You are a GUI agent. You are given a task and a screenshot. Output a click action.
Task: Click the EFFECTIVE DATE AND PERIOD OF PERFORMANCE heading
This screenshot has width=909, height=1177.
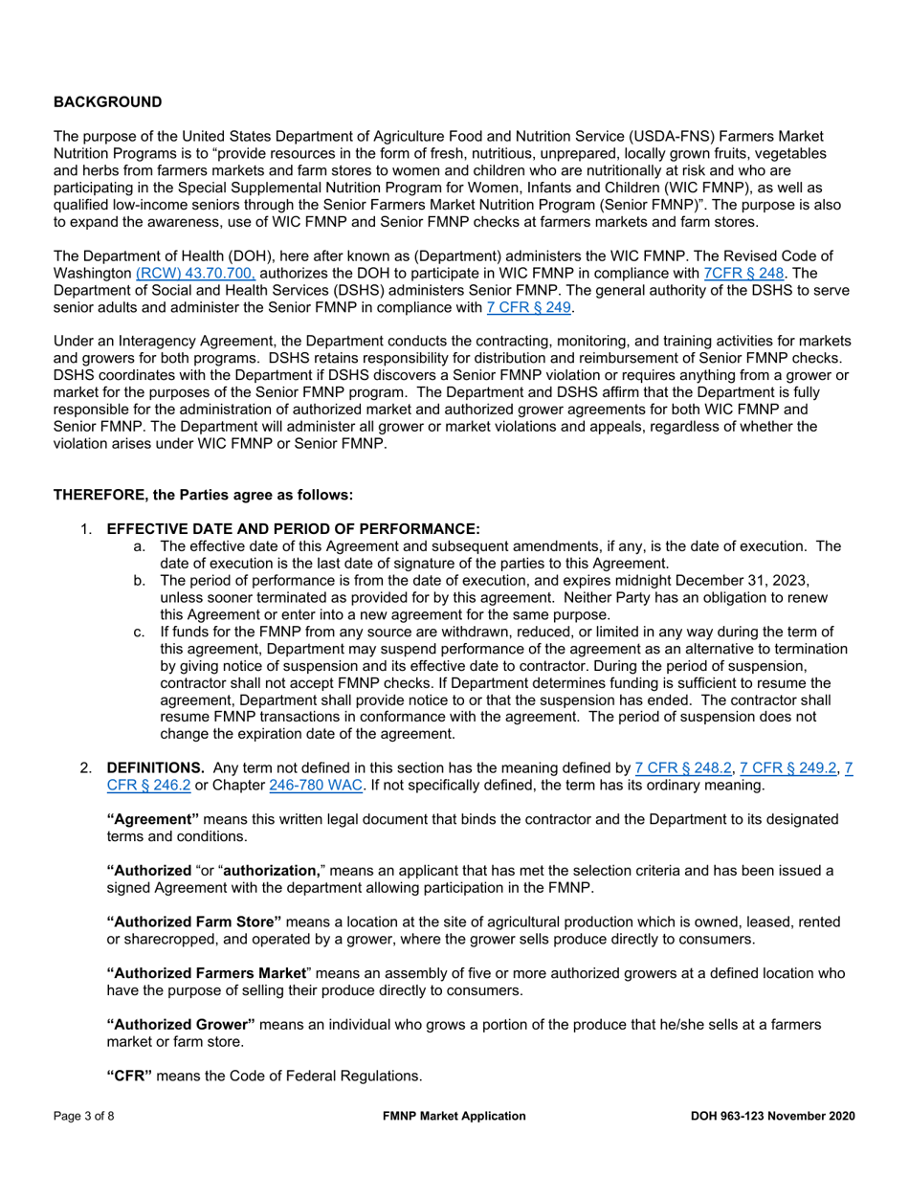(293, 529)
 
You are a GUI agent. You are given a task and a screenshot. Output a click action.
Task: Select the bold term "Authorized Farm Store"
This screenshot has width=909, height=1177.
(193, 922)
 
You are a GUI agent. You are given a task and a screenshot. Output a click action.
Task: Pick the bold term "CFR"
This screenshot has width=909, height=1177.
(129, 1076)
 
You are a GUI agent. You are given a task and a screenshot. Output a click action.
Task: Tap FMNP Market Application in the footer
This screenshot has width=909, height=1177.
(454, 1116)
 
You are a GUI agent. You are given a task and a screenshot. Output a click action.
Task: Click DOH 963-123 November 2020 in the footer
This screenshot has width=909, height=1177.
(772, 1116)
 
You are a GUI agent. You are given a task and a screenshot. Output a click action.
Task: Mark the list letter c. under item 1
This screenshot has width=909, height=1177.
(140, 632)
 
